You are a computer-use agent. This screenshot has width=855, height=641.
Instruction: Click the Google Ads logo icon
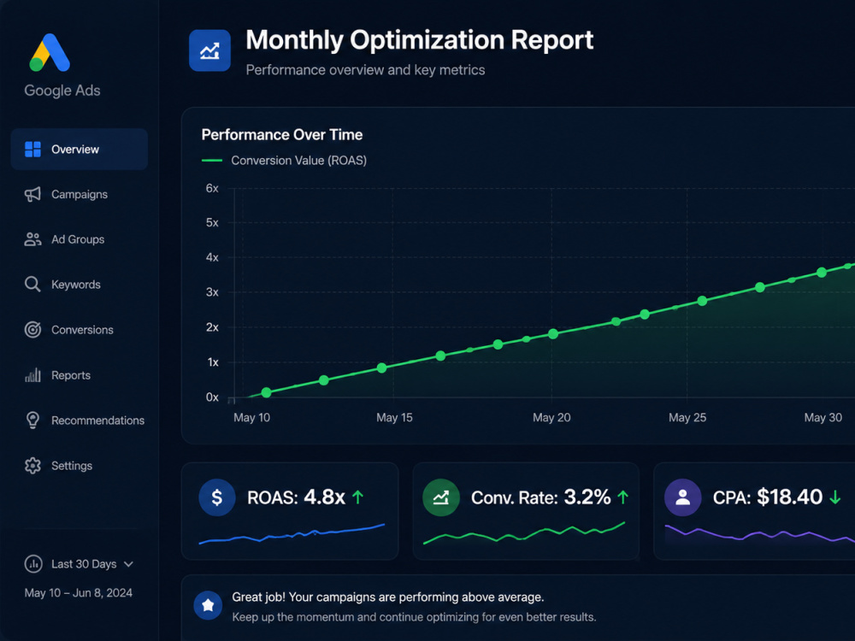tap(50, 52)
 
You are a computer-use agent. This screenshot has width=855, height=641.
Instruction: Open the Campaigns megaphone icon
tap(32, 194)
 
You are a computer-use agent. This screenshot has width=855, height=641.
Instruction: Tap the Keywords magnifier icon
tap(32, 284)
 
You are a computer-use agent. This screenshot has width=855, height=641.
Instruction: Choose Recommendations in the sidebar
tap(97, 420)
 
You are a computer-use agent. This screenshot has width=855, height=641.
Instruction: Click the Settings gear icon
tap(32, 466)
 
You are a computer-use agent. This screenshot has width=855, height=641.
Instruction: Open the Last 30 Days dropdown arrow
tap(129, 564)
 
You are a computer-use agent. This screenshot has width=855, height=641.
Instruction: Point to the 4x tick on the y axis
tap(212, 257)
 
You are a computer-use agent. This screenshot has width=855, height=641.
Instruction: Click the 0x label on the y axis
tap(212, 397)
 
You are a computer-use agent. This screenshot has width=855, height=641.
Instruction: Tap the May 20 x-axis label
tap(551, 418)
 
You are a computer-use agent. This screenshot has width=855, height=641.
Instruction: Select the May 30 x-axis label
tap(823, 418)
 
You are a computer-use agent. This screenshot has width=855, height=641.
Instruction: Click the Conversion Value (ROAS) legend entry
tap(284, 161)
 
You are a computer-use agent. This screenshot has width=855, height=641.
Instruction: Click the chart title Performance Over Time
tap(282, 135)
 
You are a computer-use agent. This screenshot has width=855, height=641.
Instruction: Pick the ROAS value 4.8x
tap(324, 497)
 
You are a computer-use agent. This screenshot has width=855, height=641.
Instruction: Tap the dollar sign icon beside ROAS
tap(217, 497)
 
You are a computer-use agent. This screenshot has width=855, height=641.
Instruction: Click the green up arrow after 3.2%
tap(622, 497)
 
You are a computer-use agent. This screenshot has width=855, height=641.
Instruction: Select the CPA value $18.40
tap(789, 497)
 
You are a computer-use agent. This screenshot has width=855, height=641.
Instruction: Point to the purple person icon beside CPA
tap(682, 497)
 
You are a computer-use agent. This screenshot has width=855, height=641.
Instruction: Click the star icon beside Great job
tap(208, 605)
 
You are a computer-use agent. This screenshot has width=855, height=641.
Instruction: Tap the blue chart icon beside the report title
tap(210, 50)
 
